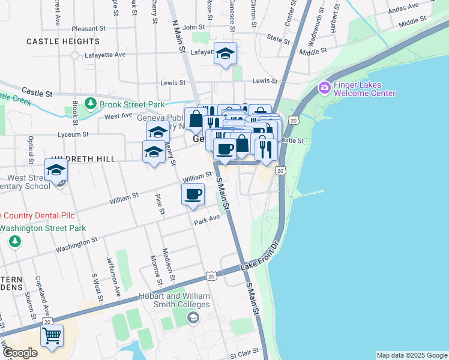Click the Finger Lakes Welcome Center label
[x=364, y=89]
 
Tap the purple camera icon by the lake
[x=325, y=89]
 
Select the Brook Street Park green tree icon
[x=91, y=104]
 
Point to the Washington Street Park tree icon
[x=14, y=241]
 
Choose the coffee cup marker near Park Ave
[x=193, y=194]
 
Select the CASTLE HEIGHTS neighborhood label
[x=63, y=41]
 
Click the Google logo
[x=20, y=353]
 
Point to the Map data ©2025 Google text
[x=411, y=355]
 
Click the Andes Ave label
[x=403, y=10]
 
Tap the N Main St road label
[x=179, y=38]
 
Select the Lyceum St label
[x=73, y=134]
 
